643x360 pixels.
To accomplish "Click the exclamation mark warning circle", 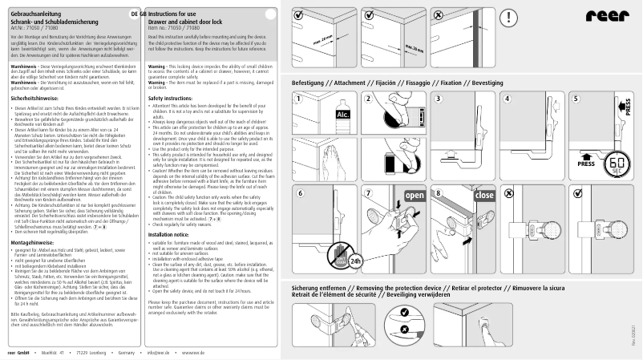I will point(510,19).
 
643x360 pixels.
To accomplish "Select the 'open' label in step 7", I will point(415,196).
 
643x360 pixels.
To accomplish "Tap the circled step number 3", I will point(438,98).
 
